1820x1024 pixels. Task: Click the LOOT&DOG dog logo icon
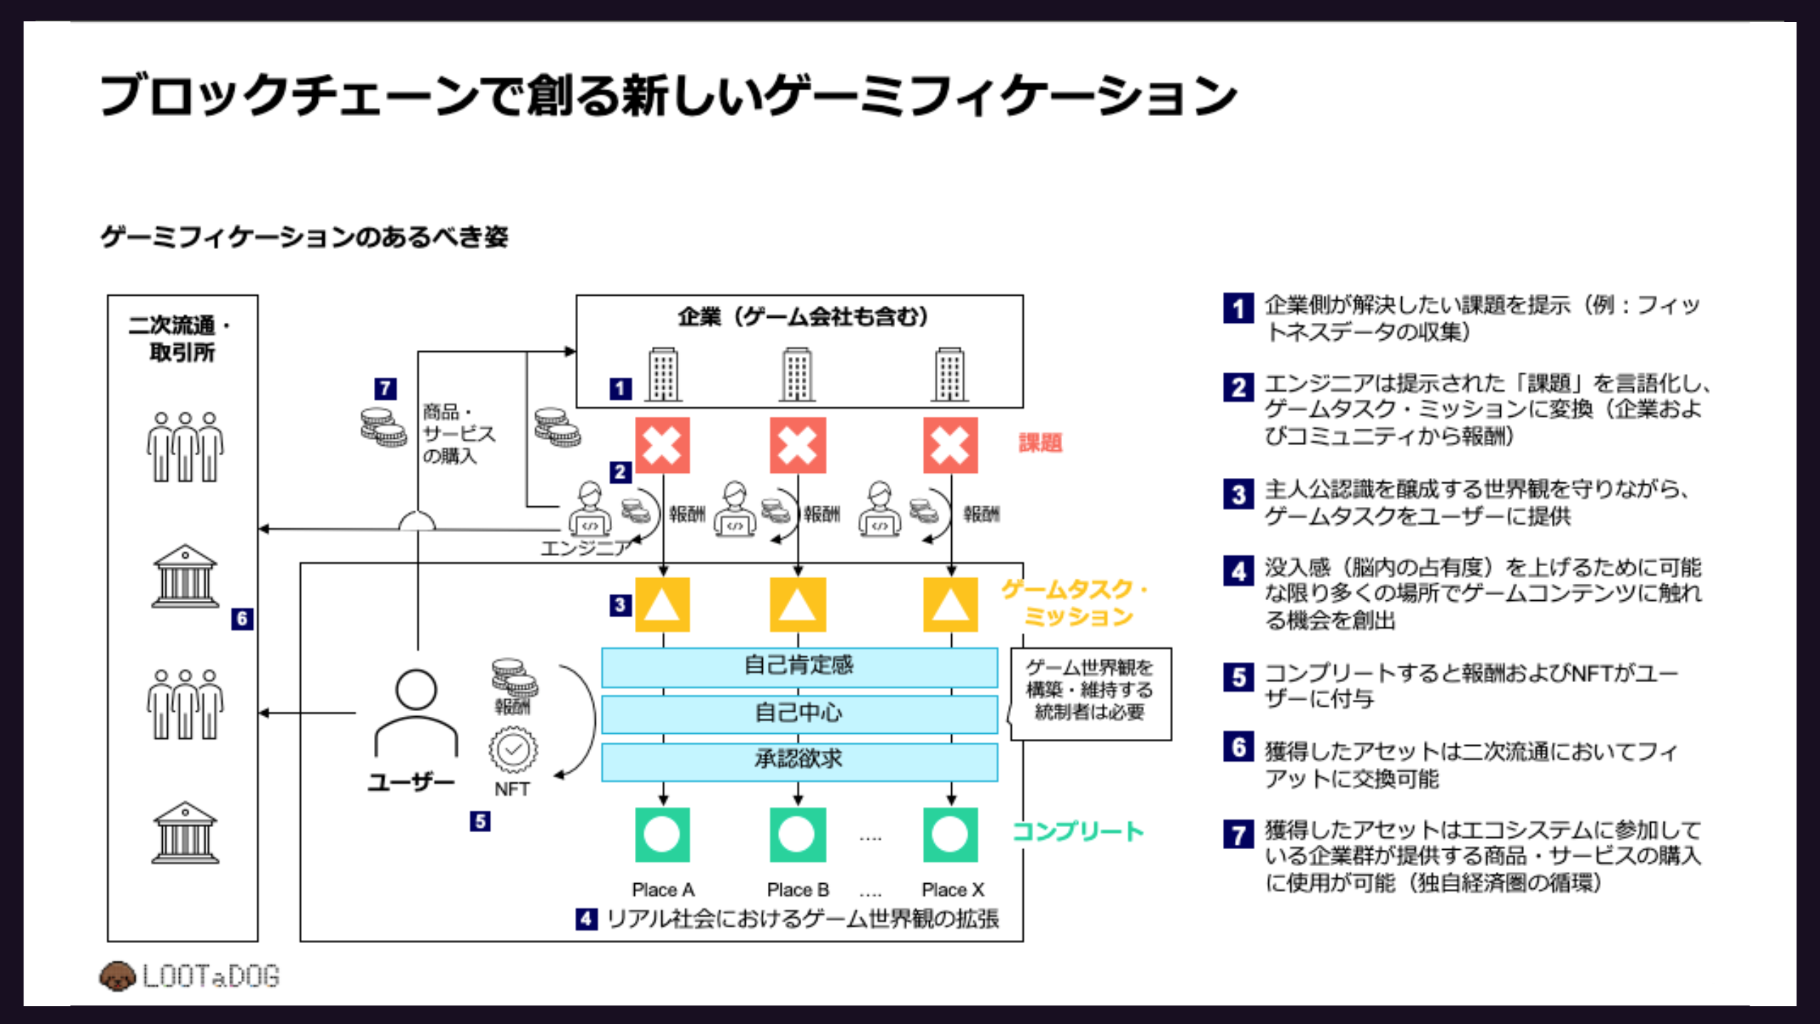[117, 976]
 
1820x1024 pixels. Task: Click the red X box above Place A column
[662, 445]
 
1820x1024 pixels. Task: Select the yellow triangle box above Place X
[950, 604]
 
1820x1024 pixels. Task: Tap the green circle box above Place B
[798, 834]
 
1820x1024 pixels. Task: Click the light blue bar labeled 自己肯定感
[799, 666]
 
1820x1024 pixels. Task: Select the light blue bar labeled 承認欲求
[799, 760]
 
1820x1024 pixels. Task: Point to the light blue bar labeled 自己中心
[799, 713]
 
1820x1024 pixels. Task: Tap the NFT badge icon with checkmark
[513, 750]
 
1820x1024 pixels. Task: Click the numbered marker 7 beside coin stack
[385, 388]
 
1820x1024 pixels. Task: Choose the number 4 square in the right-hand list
[1238, 571]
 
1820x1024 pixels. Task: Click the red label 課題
[1040, 443]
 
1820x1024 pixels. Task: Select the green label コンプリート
[1077, 831]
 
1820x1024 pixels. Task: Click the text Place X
[953, 890]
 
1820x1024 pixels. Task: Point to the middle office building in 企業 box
[797, 374]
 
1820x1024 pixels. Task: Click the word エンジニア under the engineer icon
[585, 548]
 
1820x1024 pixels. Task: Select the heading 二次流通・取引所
[181, 338]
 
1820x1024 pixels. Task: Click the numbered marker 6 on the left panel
[242, 619]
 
